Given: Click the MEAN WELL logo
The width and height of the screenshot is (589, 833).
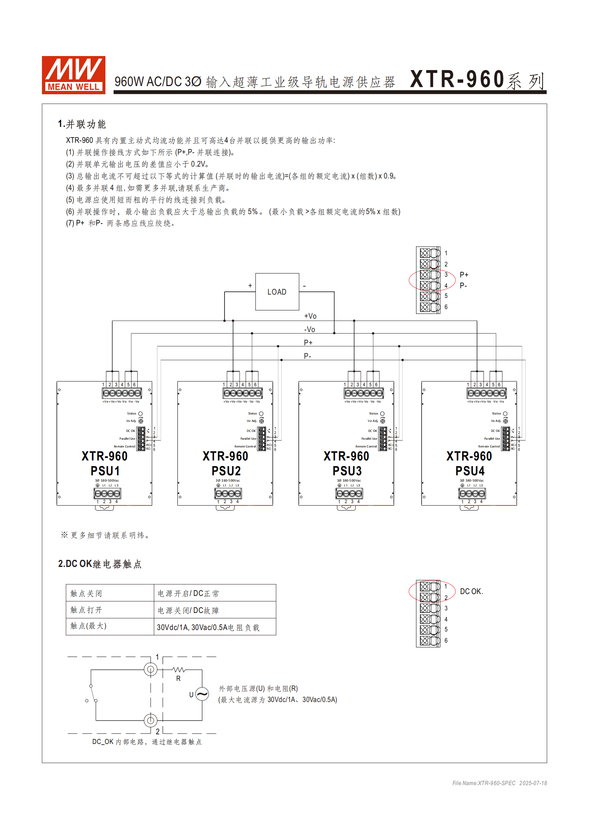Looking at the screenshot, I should coord(73,75).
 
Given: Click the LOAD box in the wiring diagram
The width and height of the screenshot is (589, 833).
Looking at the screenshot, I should coord(277,292).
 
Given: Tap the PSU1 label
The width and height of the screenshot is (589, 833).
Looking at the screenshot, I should coord(105,471).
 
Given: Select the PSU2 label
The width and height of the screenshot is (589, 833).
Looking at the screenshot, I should coord(226,471).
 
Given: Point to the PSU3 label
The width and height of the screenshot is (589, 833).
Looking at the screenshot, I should coord(347,471).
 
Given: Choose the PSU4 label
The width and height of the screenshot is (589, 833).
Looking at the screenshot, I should coord(470,471).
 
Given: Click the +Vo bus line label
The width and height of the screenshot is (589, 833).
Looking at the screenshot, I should coord(310,316).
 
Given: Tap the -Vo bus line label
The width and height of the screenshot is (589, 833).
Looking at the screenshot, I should coord(310,329).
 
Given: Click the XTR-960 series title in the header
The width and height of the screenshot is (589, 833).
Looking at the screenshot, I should coord(477,80).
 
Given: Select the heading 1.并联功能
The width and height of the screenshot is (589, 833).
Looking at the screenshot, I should coord(82,124).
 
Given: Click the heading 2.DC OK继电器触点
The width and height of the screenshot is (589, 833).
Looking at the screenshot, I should coord(99,564).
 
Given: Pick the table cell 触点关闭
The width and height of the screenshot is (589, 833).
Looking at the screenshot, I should coord(86,593).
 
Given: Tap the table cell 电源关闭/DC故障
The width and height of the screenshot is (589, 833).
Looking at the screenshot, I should coord(188,610).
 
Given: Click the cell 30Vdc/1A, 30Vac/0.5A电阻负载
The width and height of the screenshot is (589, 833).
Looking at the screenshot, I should coord(208,627).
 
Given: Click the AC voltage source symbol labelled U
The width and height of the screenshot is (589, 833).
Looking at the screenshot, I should coord(202,694).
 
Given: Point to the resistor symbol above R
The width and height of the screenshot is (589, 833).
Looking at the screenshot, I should coord(179,670).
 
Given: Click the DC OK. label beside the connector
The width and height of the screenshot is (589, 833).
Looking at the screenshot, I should coord(471,591).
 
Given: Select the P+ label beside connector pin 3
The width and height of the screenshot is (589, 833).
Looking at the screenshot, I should coord(464,275).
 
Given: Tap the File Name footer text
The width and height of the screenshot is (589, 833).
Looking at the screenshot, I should coord(499,783).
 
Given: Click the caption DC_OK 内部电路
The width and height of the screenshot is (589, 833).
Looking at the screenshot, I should coord(147,742).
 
